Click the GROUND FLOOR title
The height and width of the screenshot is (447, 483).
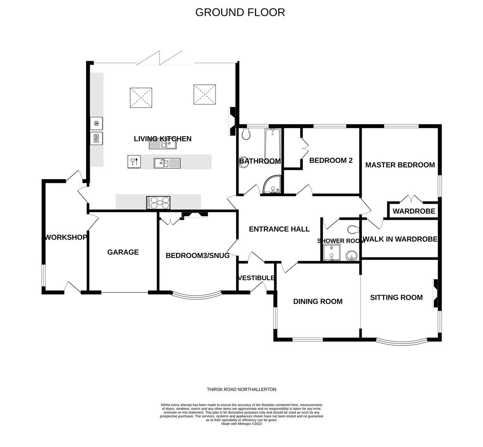click(x=240, y=12)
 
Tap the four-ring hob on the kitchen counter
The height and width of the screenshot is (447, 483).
click(x=158, y=202)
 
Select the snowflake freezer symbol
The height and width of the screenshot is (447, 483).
click(x=96, y=123)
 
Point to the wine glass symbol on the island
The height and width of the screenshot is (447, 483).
click(x=134, y=161)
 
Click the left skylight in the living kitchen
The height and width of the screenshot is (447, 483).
click(x=141, y=97)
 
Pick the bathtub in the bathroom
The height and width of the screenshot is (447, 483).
click(x=273, y=144)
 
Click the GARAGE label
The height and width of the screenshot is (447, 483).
click(x=123, y=252)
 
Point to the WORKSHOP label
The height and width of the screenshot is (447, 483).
click(x=66, y=237)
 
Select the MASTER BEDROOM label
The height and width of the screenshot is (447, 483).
click(x=400, y=165)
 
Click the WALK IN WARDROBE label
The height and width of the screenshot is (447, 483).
click(x=400, y=239)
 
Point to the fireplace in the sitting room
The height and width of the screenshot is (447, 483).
click(x=435, y=294)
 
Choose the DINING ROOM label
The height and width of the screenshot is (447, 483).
click(x=318, y=301)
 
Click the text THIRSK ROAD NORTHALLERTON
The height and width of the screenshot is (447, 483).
click(x=241, y=389)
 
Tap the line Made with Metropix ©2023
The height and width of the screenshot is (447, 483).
click(x=241, y=423)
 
